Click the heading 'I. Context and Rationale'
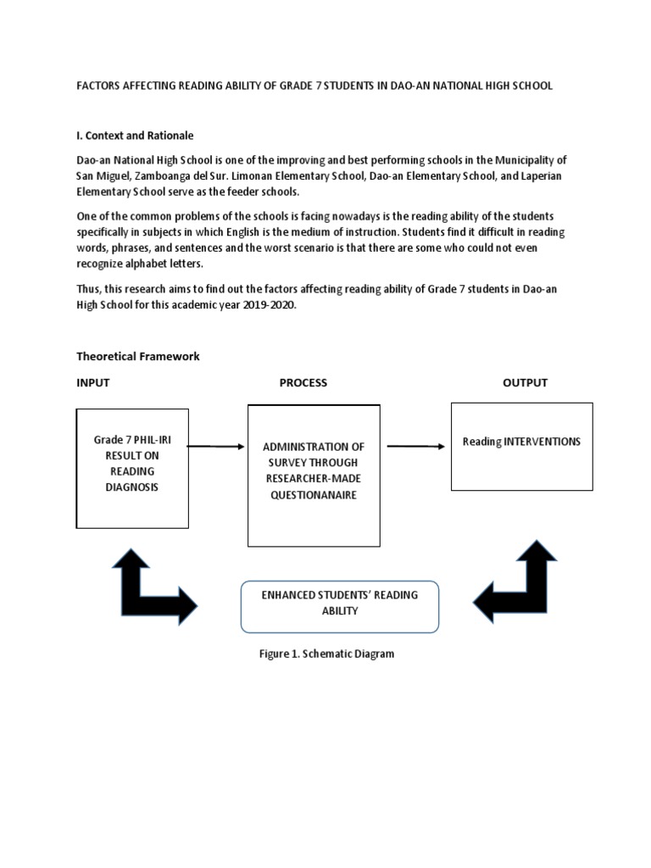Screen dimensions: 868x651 click(135, 136)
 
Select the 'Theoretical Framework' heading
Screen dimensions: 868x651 click(138, 356)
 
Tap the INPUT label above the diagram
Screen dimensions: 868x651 click(93, 382)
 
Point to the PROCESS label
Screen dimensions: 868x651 click(303, 382)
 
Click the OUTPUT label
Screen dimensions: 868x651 click(525, 382)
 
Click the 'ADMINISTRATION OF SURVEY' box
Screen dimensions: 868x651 click(314, 475)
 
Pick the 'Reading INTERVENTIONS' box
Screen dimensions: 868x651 click(521, 447)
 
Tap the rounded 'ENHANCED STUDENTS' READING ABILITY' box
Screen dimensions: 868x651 click(340, 606)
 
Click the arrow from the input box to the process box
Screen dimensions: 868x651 click(215, 446)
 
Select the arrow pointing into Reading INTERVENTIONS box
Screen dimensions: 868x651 click(415, 447)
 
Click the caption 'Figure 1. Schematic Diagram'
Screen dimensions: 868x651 click(326, 654)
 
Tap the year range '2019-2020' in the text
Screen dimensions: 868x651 click(273, 306)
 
